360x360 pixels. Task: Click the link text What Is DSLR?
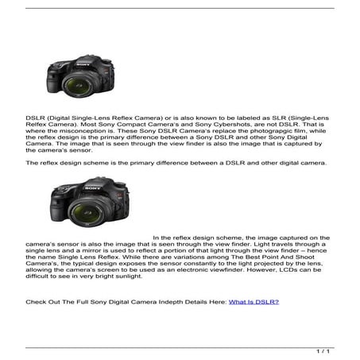[254, 303]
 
